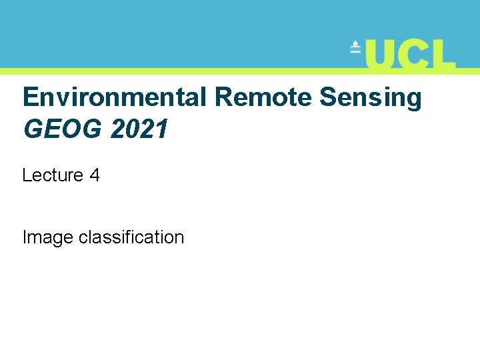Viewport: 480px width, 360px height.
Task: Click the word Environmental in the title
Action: pyautogui.click(x=116, y=97)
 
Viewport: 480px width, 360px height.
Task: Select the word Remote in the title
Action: pyautogui.click(x=263, y=97)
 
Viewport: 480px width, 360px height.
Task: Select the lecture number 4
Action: pyautogui.click(x=95, y=175)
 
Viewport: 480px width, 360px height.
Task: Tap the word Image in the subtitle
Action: pyautogui.click(x=47, y=237)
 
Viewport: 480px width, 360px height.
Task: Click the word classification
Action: pyautogui.click(x=131, y=237)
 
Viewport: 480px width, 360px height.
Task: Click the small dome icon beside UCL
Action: pyautogui.click(x=355, y=48)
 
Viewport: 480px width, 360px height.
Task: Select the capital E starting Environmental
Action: pyautogui.click(x=30, y=97)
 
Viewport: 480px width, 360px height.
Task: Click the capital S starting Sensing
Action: pyautogui.click(x=327, y=97)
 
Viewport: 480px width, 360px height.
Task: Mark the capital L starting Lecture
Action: pyautogui.click(x=27, y=175)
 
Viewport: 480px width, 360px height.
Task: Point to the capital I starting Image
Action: pyautogui.click(x=25, y=237)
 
